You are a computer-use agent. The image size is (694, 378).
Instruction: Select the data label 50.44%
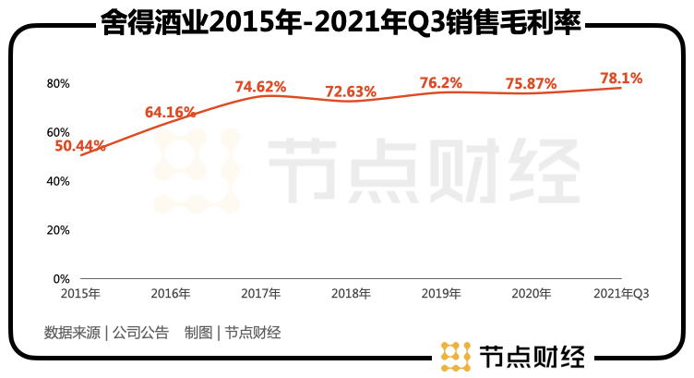point(80,145)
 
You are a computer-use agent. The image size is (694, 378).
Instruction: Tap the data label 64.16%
point(170,113)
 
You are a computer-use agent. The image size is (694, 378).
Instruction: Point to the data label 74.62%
point(260,87)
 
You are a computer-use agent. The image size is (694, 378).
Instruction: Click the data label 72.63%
point(351,91)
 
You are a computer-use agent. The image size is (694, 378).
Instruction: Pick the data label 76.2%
point(440,82)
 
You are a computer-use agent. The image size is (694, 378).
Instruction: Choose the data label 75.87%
point(531,83)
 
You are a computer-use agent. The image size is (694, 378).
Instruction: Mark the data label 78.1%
point(621,79)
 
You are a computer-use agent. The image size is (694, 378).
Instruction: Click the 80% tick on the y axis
point(58,83)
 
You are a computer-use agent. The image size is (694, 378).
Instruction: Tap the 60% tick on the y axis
point(58,132)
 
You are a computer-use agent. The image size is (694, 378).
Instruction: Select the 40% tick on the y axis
point(58,181)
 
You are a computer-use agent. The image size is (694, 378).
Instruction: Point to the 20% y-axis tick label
point(58,229)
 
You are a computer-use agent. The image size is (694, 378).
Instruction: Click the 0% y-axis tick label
point(61,278)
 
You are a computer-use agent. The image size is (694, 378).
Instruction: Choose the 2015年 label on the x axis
point(80,294)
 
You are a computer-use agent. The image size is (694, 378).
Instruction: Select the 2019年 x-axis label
point(440,294)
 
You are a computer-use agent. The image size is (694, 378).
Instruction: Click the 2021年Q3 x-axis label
point(621,294)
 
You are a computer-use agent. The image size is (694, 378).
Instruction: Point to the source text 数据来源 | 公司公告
point(106,333)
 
